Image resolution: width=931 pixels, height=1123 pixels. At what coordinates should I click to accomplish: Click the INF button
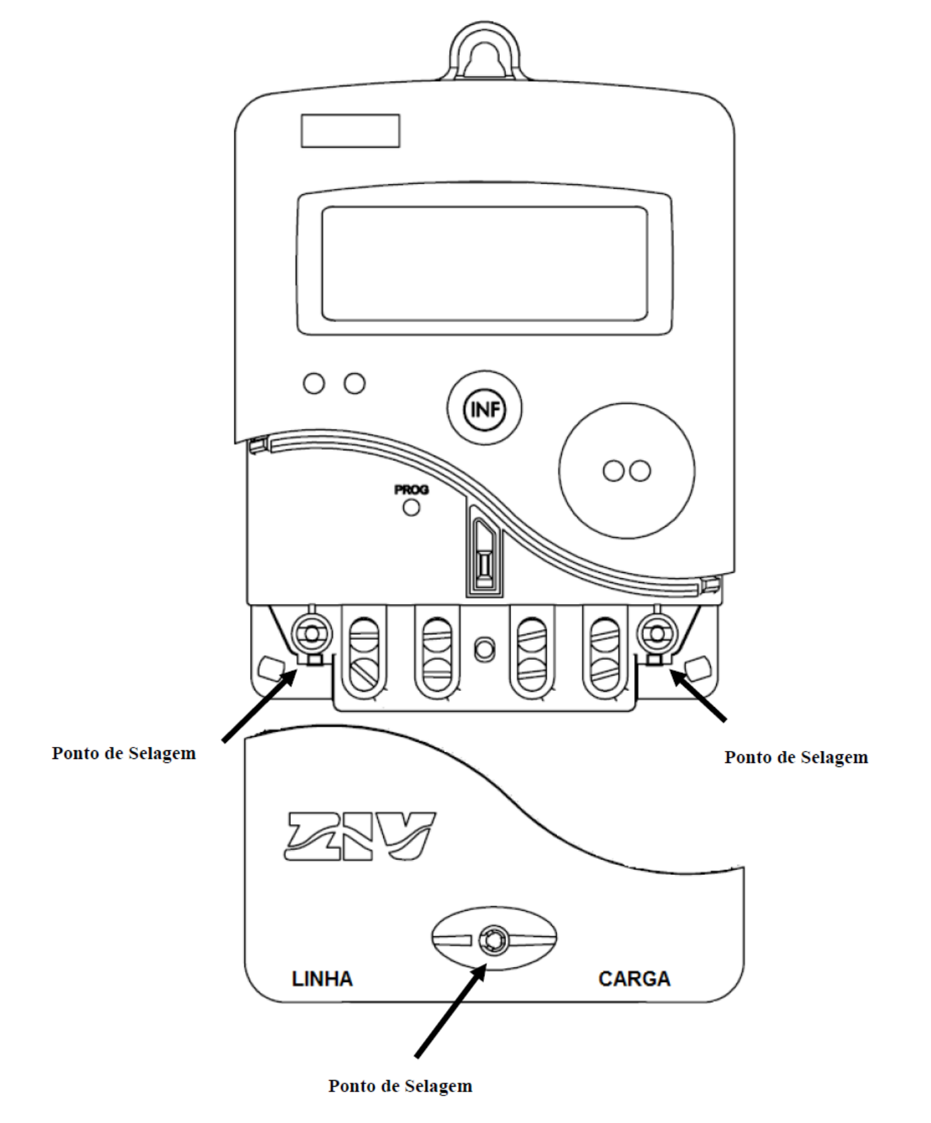(484, 408)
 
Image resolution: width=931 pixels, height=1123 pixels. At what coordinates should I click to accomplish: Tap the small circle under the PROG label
(411, 507)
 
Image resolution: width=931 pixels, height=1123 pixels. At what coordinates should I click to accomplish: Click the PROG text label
(411, 490)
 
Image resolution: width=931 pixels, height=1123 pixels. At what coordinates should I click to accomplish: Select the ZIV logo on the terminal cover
(360, 836)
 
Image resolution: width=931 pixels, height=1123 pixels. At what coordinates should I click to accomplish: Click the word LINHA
(322, 979)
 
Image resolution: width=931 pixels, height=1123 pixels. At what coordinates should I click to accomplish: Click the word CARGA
(634, 979)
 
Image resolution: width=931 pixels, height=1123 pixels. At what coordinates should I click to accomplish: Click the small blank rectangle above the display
(350, 131)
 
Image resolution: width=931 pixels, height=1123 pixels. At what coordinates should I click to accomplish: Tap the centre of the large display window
(484, 263)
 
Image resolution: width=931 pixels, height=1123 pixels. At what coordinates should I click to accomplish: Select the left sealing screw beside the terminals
(311, 634)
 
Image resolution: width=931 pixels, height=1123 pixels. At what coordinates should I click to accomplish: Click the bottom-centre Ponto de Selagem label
(400, 1086)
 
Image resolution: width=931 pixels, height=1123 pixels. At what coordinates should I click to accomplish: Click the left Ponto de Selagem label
(124, 753)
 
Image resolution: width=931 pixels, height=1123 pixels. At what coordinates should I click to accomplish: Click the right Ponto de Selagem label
(796, 757)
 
